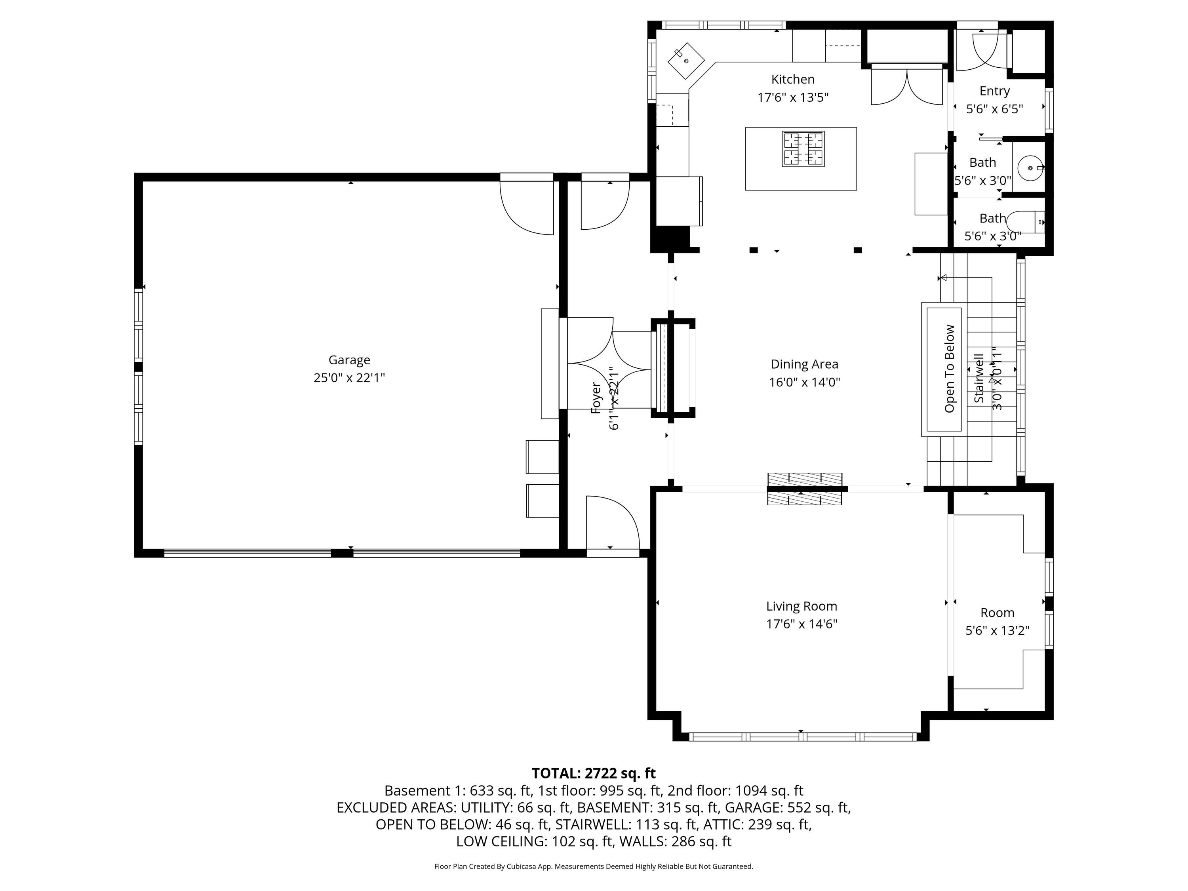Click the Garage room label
[349, 360]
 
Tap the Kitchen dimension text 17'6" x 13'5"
[793, 97]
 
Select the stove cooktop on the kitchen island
[803, 149]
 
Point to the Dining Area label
[804, 364]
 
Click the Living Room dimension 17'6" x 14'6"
[802, 624]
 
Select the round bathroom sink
[1030, 168]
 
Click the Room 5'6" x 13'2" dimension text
[998, 630]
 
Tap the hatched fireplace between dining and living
[805, 489]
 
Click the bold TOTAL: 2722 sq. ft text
[594, 773]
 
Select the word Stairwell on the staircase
[979, 378]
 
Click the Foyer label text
[596, 398]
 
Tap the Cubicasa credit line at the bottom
[594, 866]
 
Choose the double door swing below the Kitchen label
[906, 86]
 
